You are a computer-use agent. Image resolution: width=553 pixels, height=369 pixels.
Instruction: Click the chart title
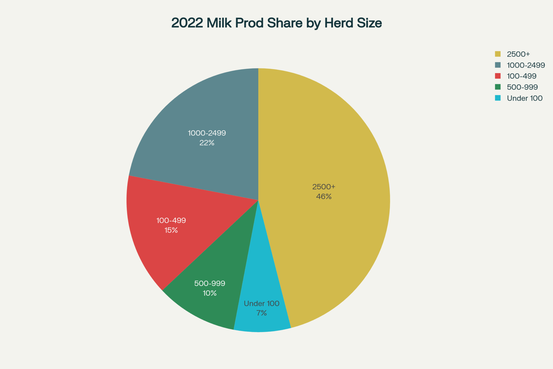coord(276,23)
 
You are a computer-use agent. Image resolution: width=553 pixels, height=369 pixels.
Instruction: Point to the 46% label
coord(324,197)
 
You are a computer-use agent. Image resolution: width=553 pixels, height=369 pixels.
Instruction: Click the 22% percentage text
coord(207,143)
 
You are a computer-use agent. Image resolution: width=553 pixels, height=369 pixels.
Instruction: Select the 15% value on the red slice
coord(171,230)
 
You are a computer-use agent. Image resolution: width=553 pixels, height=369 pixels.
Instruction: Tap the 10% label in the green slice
coord(210,293)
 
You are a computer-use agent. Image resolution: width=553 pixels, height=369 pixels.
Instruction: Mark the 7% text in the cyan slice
coord(261,313)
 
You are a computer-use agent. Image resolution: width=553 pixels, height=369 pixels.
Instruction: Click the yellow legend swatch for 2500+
coord(498,54)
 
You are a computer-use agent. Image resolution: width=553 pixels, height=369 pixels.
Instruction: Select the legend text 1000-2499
coord(526,65)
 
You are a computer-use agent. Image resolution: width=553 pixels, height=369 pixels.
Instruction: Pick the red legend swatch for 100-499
coord(498,76)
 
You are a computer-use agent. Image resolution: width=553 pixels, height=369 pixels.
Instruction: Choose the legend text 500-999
coord(522,87)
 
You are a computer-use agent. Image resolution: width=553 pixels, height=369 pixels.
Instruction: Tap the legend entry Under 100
coord(525,98)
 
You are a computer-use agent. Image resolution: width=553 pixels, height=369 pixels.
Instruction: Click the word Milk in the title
coord(219,23)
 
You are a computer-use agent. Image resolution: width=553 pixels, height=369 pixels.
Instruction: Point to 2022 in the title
coord(187,23)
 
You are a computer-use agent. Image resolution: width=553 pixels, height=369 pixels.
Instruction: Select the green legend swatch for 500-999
coord(498,87)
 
